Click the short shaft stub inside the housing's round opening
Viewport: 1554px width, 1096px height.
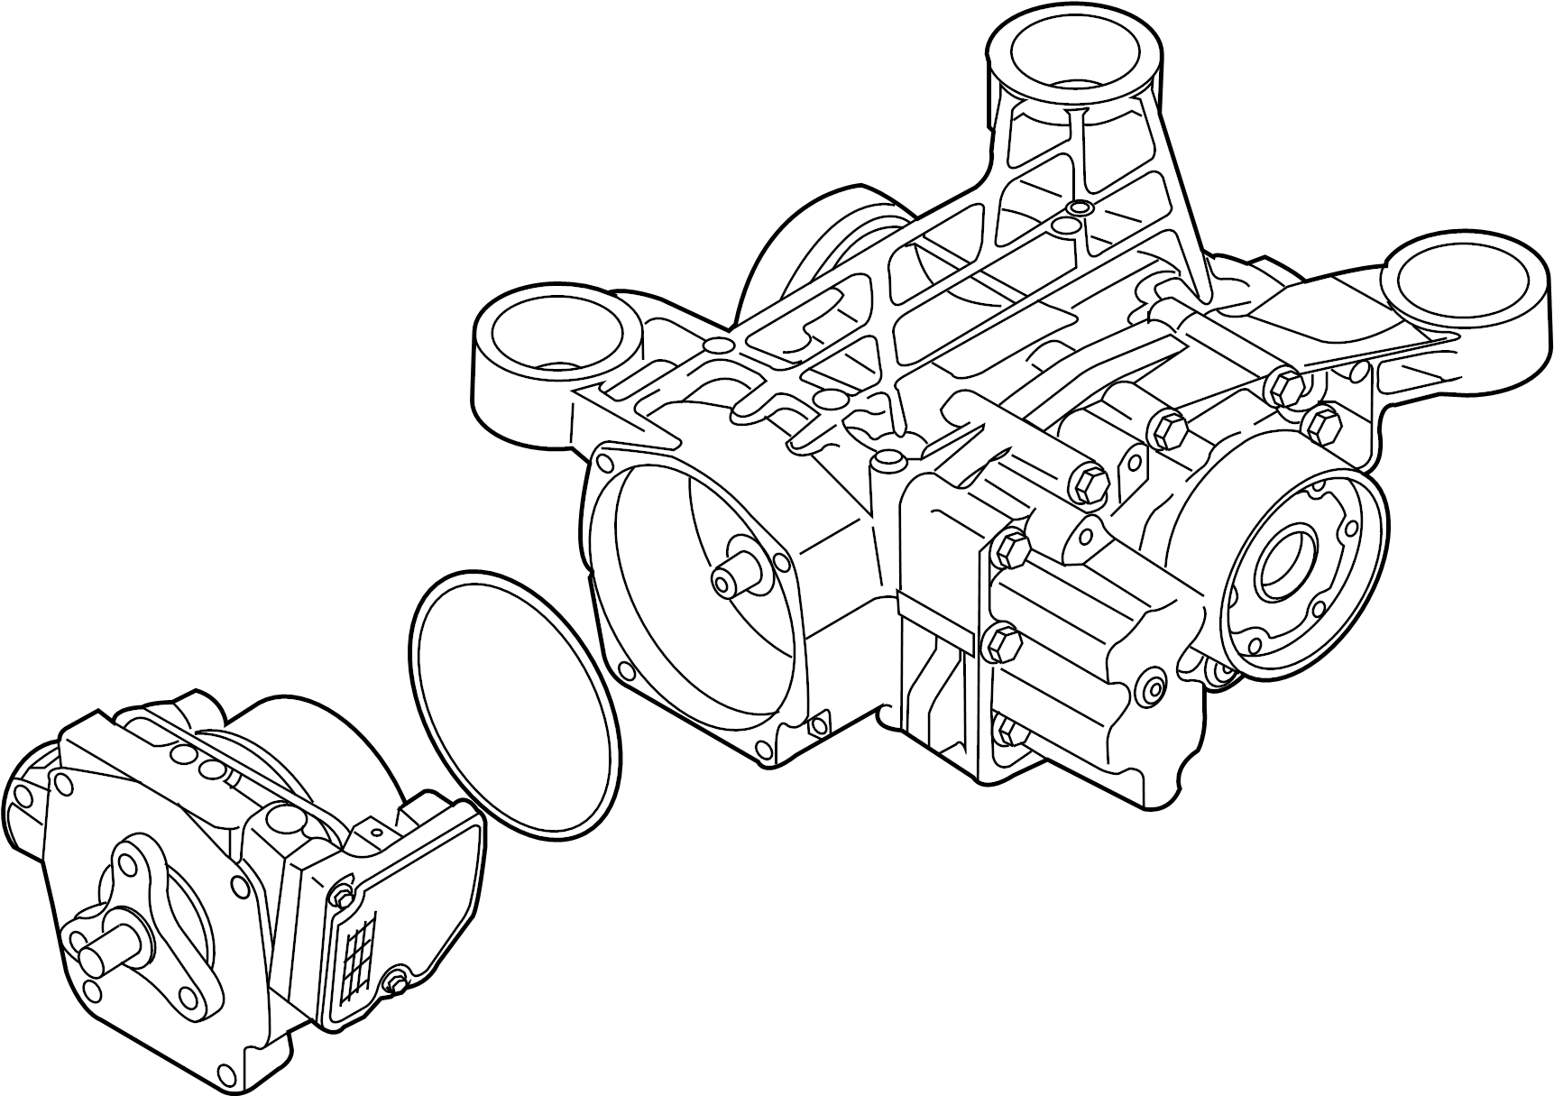click(x=731, y=578)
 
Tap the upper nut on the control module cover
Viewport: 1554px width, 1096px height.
click(x=341, y=896)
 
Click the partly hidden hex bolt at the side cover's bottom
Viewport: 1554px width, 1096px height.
click(x=1005, y=732)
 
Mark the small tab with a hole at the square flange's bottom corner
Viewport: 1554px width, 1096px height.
click(x=819, y=723)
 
